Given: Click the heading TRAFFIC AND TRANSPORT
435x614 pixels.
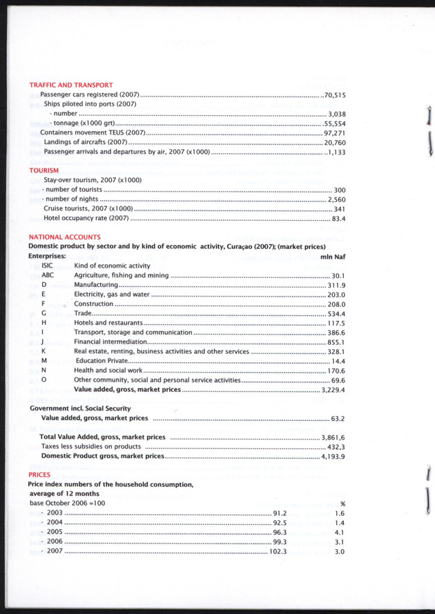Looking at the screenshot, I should [70, 85].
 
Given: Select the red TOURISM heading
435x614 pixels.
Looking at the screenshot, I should [43, 170].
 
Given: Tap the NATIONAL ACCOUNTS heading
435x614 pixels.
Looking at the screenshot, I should [64, 237].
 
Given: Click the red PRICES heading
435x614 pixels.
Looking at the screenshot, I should [39, 475].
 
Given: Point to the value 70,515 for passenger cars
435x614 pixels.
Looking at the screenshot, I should [334, 95].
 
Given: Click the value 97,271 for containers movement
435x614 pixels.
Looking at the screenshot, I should [334, 132].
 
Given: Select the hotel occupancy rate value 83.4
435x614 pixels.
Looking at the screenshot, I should [338, 218].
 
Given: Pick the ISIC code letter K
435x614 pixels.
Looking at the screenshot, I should [43, 351].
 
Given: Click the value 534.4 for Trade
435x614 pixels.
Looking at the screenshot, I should [336, 313].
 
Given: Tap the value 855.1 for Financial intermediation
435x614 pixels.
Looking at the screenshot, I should [336, 341].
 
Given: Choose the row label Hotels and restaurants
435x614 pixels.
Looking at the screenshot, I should [108, 323].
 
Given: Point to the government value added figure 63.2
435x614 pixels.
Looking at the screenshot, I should [338, 418].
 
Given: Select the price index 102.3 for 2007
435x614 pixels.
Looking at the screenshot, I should [278, 551].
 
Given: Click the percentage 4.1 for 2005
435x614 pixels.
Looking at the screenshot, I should [339, 533].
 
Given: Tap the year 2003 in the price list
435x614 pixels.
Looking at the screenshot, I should [55, 513].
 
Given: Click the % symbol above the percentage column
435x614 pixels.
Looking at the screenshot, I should [342, 504].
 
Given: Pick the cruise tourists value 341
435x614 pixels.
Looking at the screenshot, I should [339, 208].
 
